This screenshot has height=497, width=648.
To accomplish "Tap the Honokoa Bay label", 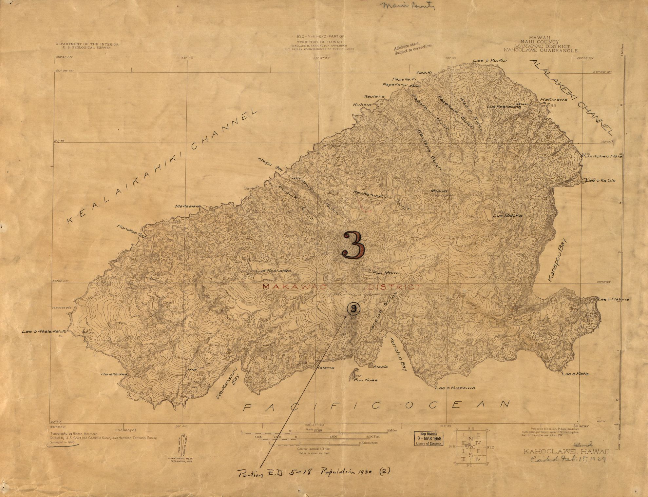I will tap(131, 231).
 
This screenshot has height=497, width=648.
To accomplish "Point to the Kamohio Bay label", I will tap(397, 354).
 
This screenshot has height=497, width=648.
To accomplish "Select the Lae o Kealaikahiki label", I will tap(45, 331).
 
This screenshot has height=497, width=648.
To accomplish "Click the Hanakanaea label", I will tap(114, 374).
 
